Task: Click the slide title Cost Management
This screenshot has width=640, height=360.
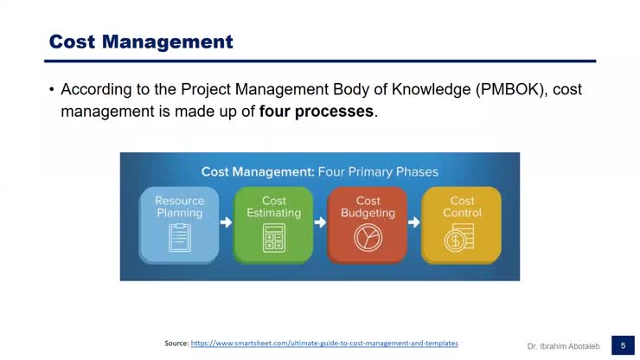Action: (141, 42)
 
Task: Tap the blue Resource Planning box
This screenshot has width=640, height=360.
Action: (179, 224)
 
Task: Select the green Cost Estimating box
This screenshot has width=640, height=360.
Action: (273, 224)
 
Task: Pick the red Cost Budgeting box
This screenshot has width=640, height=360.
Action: (368, 224)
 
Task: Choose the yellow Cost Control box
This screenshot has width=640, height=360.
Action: (461, 224)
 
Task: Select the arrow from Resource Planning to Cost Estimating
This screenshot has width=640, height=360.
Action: (227, 222)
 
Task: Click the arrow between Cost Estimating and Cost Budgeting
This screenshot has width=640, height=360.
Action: (320, 222)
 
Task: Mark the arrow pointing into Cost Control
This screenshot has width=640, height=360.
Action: (414, 222)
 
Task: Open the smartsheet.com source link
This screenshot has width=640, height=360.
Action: (323, 344)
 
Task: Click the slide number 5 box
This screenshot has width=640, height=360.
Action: (622, 345)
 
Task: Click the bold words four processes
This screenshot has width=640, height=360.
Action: (317, 112)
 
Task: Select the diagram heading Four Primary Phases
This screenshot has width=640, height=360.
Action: (379, 171)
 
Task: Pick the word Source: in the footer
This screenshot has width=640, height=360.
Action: (176, 344)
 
